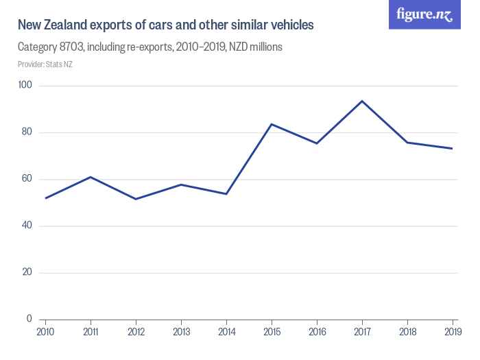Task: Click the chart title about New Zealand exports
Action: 165,25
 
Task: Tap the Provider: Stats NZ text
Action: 45,64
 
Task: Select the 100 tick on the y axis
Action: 26,86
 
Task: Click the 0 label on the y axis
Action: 29,319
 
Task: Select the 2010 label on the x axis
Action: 45,331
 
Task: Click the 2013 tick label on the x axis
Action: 181,331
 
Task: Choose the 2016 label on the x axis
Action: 317,331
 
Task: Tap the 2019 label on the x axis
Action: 453,331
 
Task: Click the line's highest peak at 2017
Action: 362,101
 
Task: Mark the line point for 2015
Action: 272,124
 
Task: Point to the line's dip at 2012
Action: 136,199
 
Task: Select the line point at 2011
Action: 91,177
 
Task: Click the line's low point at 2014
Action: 226,194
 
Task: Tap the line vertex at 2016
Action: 317,143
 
